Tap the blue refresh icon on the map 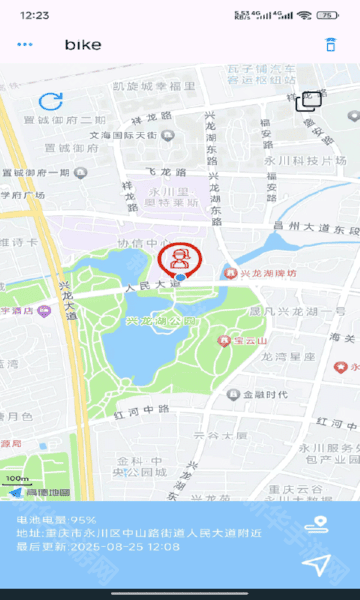coord(51,101)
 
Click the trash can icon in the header coord(330,45)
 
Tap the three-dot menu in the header coord(25,45)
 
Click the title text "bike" coord(84,45)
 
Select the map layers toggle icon coord(308,100)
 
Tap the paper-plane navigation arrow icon coord(316,566)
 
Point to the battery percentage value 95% coord(83,521)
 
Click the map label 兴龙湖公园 coord(161,322)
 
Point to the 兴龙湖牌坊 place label coord(268,273)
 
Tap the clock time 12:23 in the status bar coord(34,15)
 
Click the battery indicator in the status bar coord(328,15)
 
